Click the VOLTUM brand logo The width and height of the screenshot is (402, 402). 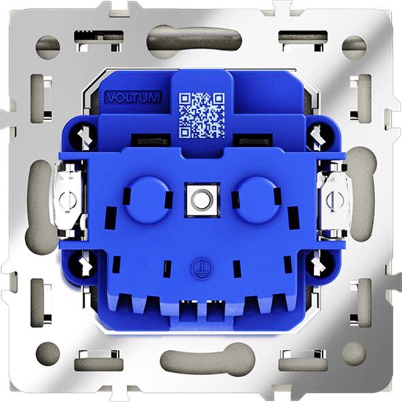(134, 98)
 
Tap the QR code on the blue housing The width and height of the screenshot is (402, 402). (202, 115)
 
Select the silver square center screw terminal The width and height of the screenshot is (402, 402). (202, 200)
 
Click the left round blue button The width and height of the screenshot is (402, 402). (146, 200)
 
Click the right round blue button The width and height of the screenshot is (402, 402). (257, 200)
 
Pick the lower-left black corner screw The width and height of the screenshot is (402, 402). (85, 263)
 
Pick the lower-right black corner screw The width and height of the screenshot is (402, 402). (318, 263)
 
